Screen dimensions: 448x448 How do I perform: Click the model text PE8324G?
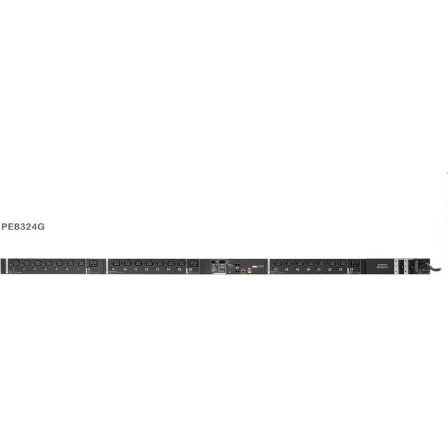(x=24, y=226)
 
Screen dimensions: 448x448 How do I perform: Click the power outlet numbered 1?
(x=15, y=263)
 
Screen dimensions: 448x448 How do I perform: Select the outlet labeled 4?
(x=48, y=263)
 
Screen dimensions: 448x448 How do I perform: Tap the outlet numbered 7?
(x=81, y=263)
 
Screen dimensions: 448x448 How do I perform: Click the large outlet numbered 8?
(x=93, y=263)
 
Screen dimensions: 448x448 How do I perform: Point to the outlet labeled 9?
(x=116, y=263)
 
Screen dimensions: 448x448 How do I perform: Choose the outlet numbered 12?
(x=149, y=263)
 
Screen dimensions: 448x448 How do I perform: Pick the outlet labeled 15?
(x=181, y=263)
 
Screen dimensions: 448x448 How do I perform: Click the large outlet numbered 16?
(x=194, y=263)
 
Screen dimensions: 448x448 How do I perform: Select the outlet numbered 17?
(x=278, y=263)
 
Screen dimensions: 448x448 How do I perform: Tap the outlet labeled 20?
(x=310, y=263)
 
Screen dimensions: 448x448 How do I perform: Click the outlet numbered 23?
(x=343, y=263)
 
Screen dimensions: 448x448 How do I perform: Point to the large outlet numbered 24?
(x=355, y=263)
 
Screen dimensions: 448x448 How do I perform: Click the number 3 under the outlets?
(x=35, y=269)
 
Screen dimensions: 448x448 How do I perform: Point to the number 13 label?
(x=157, y=269)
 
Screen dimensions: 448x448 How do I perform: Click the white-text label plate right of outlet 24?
(x=379, y=266)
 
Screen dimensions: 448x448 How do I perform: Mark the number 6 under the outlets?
(x=67, y=269)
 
